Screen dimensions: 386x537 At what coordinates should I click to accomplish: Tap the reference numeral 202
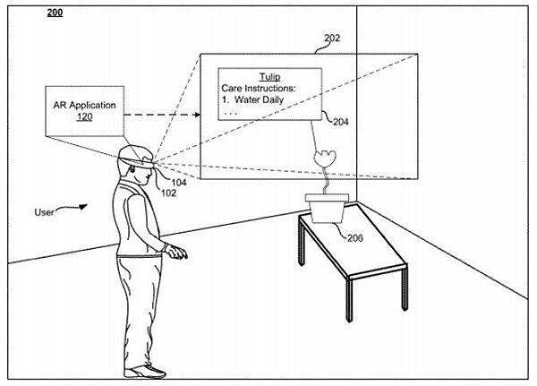point(332,39)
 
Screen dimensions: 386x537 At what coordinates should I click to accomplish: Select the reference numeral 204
point(340,123)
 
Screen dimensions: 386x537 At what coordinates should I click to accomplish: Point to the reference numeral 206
point(354,237)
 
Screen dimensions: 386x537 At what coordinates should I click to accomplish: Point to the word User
point(46,212)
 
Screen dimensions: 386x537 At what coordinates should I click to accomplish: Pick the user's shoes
point(147,371)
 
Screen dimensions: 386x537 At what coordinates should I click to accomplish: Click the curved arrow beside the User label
point(76,207)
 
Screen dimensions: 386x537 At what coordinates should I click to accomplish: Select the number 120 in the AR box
point(81,117)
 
